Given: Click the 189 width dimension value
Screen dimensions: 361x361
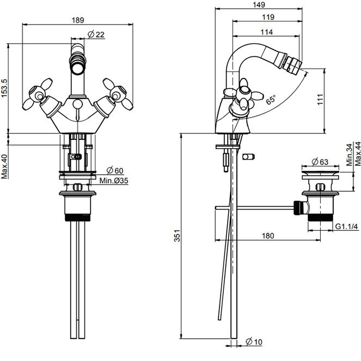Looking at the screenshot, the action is [78, 20].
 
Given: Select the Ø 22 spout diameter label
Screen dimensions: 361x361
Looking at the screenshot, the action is [96, 34].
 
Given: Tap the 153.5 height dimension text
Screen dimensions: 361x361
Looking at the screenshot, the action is [4, 88].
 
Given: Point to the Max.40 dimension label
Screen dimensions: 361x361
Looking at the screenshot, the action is [4, 166].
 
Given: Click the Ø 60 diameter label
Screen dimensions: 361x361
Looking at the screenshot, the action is [115, 170].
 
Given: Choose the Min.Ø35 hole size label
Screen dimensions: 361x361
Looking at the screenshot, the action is [113, 181].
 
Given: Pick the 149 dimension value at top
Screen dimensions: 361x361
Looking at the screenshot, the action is [259, 4].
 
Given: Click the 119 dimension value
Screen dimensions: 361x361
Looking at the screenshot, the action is [268, 17].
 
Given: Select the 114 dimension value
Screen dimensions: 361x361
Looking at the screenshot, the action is [266, 32].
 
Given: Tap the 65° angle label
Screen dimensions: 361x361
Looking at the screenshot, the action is [271, 100].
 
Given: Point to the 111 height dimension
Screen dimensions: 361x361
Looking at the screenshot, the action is [320, 99].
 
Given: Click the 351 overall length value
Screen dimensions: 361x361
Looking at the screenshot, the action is [177, 236].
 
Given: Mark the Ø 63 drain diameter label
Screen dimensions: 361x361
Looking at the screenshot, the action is [320, 162].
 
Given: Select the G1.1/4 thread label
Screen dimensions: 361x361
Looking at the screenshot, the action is [346, 227].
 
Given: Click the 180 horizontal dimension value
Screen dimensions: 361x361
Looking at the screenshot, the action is [268, 236].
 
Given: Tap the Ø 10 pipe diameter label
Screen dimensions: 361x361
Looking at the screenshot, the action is [254, 342].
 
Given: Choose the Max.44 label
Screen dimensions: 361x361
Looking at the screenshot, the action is [358, 154].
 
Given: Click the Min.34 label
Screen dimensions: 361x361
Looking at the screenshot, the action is [349, 155].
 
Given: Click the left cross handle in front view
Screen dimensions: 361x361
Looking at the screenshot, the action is [38, 94].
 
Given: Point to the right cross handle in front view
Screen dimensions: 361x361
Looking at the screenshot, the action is [118, 94].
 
